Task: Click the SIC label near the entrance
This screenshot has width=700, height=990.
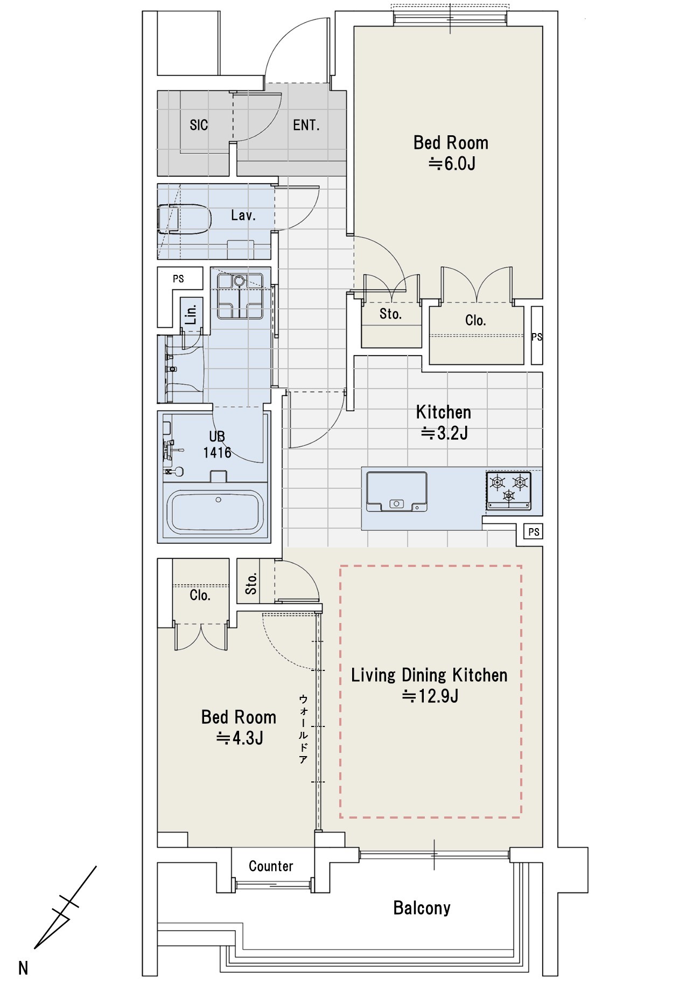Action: pyautogui.click(x=199, y=125)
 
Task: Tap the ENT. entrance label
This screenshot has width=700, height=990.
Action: pyautogui.click(x=306, y=125)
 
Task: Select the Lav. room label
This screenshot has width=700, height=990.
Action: pyautogui.click(x=243, y=216)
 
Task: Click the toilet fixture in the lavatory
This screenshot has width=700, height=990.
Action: pyautogui.click(x=184, y=219)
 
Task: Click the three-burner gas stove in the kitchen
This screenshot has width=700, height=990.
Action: pyautogui.click(x=509, y=490)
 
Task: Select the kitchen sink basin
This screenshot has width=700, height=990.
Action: pyautogui.click(x=397, y=491)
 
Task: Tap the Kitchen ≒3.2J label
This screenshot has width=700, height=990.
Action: pyautogui.click(x=444, y=423)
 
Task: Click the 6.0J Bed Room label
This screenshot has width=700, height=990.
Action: pyautogui.click(x=451, y=153)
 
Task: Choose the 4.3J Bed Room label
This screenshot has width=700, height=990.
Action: pyautogui.click(x=239, y=728)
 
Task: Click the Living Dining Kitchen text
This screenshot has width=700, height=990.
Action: pyautogui.click(x=429, y=675)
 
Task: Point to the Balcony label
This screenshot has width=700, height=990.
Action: pyautogui.click(x=422, y=908)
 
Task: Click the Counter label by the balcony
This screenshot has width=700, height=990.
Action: pyautogui.click(x=271, y=866)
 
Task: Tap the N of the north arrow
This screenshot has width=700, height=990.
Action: pyautogui.click(x=23, y=968)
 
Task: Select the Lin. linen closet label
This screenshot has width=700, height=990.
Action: pyautogui.click(x=191, y=314)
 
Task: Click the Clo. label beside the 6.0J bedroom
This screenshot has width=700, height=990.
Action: pyautogui.click(x=475, y=321)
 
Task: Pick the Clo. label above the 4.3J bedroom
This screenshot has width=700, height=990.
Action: pyautogui.click(x=200, y=596)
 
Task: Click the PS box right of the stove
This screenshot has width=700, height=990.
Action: pyautogui.click(x=534, y=532)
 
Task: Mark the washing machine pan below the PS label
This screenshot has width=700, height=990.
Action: pyautogui.click(x=240, y=296)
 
